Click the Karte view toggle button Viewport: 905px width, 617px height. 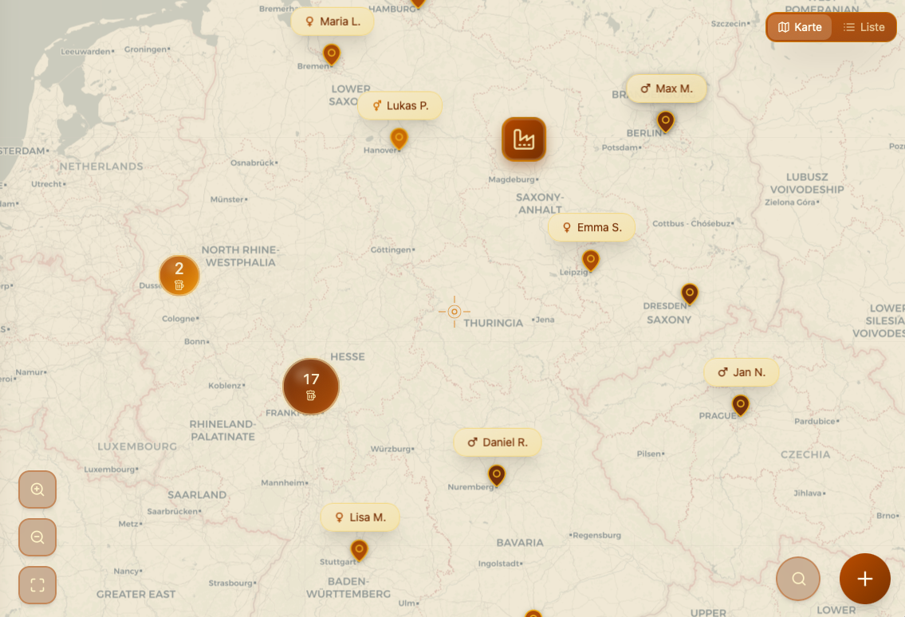pyautogui.click(x=800, y=27)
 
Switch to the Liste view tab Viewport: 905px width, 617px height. pyautogui.click(x=864, y=27)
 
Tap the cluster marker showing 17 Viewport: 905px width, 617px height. pyautogui.click(x=311, y=387)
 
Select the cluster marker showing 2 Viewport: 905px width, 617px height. pyautogui.click(x=179, y=275)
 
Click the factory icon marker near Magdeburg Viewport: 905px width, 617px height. pyautogui.click(x=524, y=140)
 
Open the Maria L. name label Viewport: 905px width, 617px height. pyautogui.click(x=332, y=22)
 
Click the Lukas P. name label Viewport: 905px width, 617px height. pyautogui.click(x=399, y=105)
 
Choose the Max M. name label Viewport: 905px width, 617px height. pyautogui.click(x=667, y=88)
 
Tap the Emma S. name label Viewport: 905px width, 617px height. pyautogui.click(x=592, y=227)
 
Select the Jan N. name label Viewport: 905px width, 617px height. pyautogui.click(x=741, y=372)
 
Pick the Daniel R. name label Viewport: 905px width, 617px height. pyautogui.click(x=498, y=442)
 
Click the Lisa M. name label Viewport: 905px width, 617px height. pyautogui.click(x=360, y=517)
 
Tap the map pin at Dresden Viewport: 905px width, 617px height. pyautogui.click(x=690, y=293)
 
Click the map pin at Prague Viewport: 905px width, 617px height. pyautogui.click(x=741, y=405)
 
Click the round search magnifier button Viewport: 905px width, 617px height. pyautogui.click(x=798, y=579)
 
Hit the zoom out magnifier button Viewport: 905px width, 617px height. pyautogui.click(x=37, y=537)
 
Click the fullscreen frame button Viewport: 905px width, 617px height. pyautogui.click(x=37, y=585)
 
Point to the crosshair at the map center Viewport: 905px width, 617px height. pyautogui.click(x=454, y=312)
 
